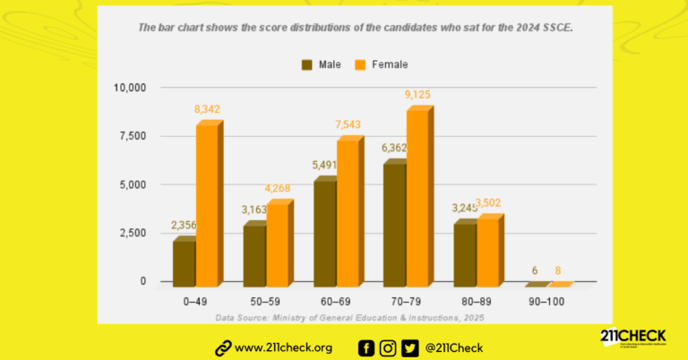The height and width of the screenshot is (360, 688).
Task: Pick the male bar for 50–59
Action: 255,254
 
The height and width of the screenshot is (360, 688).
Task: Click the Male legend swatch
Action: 308,64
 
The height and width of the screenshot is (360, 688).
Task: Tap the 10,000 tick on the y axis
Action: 129,88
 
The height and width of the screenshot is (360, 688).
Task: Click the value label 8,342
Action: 207,109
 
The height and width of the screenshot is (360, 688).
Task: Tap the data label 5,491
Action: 324,166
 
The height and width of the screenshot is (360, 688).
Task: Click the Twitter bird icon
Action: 410,348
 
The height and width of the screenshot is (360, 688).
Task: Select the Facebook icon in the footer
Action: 366,348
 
